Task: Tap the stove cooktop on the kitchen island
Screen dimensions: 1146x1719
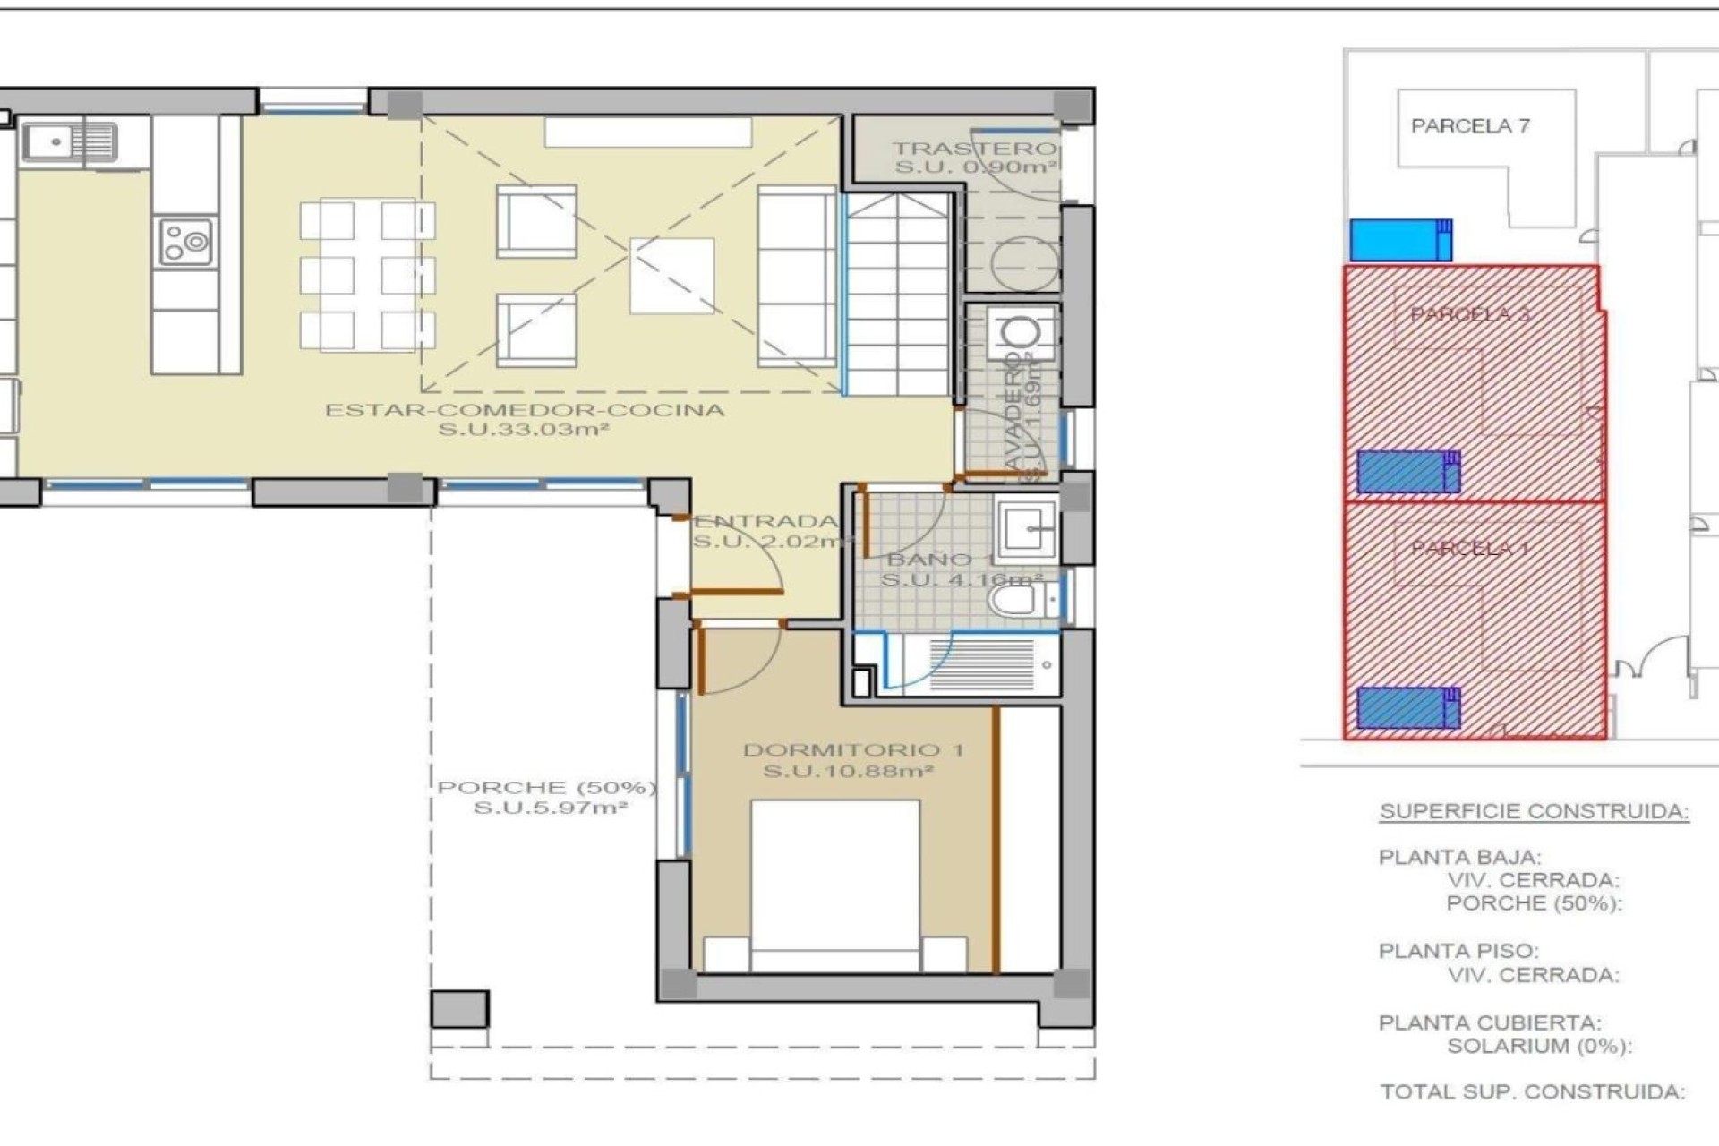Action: click(x=185, y=242)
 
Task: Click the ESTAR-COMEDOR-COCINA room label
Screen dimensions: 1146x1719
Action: click(x=524, y=411)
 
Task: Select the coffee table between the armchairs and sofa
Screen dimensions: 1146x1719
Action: click(x=671, y=276)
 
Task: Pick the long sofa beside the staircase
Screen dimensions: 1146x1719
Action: click(x=796, y=277)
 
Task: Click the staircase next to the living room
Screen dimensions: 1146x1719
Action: click(x=898, y=295)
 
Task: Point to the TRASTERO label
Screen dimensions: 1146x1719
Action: click(x=974, y=149)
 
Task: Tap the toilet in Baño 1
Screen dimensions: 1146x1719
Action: click(x=1015, y=599)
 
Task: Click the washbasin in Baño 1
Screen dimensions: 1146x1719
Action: click(x=1026, y=528)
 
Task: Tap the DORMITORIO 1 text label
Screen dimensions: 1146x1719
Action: click(x=853, y=749)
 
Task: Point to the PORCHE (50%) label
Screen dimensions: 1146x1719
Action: click(x=546, y=788)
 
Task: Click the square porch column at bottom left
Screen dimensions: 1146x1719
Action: click(x=459, y=1009)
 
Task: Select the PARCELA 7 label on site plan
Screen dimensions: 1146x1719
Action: click(x=1470, y=126)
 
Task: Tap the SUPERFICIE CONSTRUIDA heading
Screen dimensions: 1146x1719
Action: click(x=1534, y=811)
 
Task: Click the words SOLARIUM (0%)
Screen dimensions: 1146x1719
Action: click(x=1539, y=1046)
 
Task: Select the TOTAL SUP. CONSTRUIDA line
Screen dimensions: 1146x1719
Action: click(x=1532, y=1092)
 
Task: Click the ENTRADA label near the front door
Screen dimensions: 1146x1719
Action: click(x=766, y=521)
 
